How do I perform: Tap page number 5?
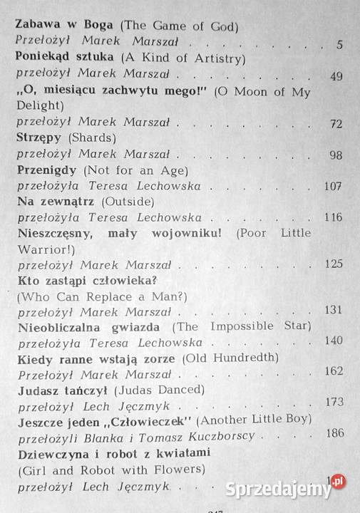click(x=339, y=45)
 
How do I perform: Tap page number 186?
click(x=334, y=433)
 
